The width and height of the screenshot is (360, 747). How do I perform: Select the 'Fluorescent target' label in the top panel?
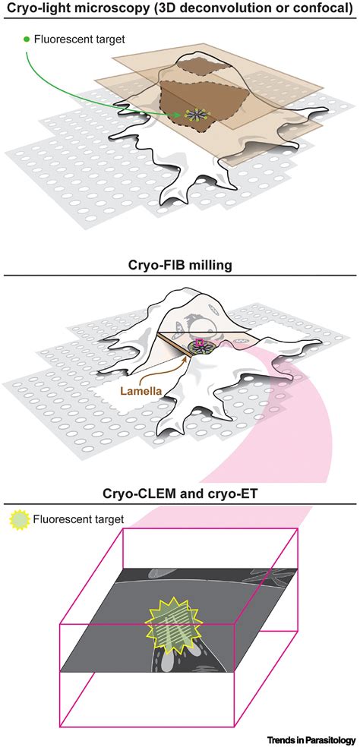78,37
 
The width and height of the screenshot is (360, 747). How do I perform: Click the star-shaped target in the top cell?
194,115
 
